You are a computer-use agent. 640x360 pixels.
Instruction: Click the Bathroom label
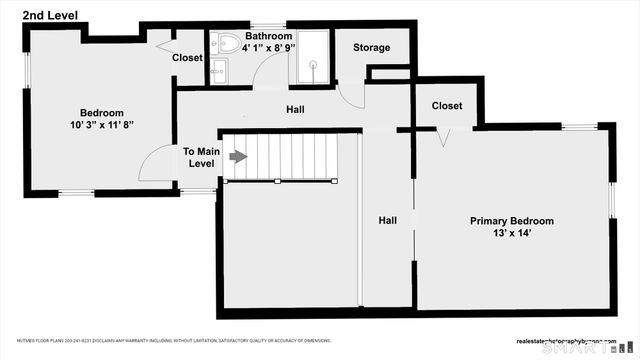pyautogui.click(x=270, y=36)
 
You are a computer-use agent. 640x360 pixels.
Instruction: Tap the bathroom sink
pyautogui.click(x=219, y=69)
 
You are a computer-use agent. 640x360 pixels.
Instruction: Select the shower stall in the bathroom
pyautogui.click(x=311, y=58)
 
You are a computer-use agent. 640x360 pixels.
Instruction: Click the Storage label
pyautogui.click(x=371, y=48)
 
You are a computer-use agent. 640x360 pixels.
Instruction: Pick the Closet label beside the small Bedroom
pyautogui.click(x=187, y=58)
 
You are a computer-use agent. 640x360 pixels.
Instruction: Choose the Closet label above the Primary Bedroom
pyautogui.click(x=447, y=106)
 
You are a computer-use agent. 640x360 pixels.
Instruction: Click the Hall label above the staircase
pyautogui.click(x=296, y=109)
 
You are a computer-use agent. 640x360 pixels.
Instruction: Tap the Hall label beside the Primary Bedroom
pyautogui.click(x=388, y=220)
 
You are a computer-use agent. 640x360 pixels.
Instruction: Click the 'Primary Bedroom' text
pyautogui.click(x=512, y=221)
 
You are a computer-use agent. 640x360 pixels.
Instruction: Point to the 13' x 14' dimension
pyautogui.click(x=512, y=234)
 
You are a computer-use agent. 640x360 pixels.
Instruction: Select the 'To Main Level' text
pyautogui.click(x=200, y=157)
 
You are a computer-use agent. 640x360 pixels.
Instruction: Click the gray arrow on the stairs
pyautogui.click(x=238, y=156)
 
